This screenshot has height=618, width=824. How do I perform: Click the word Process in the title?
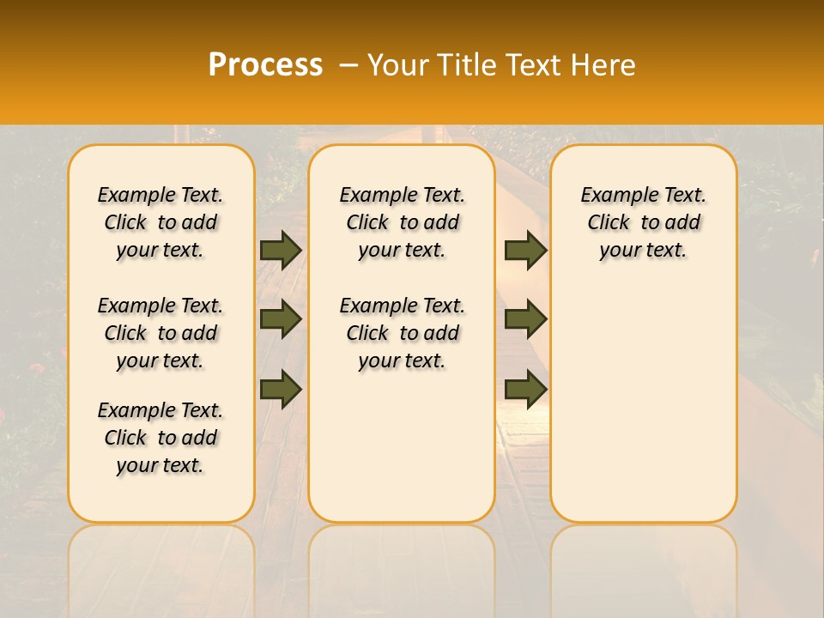[265, 65]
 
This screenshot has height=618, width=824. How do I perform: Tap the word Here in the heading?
[605, 65]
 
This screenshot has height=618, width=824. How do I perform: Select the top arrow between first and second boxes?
[281, 250]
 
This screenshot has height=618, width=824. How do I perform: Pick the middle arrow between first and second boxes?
[281, 319]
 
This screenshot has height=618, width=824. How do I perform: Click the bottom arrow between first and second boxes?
[281, 389]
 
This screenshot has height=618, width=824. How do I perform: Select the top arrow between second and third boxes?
[525, 250]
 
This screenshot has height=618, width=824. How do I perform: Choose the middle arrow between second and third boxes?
[525, 319]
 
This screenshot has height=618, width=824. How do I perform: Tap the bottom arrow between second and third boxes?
[525, 389]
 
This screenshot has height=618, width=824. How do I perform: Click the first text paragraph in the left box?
[161, 222]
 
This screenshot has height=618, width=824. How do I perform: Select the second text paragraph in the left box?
[161, 333]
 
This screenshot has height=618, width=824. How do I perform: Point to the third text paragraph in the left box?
[161, 438]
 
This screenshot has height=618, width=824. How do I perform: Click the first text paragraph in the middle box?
[403, 222]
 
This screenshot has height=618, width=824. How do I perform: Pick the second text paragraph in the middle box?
[403, 333]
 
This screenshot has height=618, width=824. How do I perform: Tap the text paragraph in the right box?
[644, 222]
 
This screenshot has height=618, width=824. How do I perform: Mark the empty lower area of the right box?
[644, 403]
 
